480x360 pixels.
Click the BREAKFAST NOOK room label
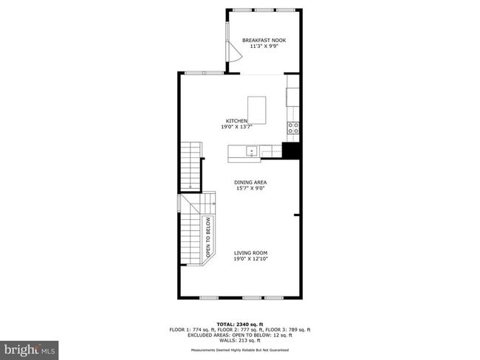pyautogui.click(x=264, y=40)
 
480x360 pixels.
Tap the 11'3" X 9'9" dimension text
pyautogui.click(x=264, y=46)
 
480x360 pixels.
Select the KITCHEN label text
pyautogui.click(x=236, y=121)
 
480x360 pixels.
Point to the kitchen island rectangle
pyautogui.click(x=256, y=110)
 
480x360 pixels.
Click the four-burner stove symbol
pyautogui.click(x=293, y=131)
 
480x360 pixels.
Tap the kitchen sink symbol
pyautogui.click(x=252, y=152)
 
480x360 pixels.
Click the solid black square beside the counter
pyautogui.click(x=291, y=150)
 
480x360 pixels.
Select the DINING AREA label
pyautogui.click(x=250, y=182)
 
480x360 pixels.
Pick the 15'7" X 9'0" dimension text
pyautogui.click(x=250, y=188)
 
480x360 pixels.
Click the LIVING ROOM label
pyautogui.click(x=250, y=252)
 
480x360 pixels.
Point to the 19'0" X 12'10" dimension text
pyautogui.click(x=250, y=259)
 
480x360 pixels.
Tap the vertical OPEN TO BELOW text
pyautogui.click(x=209, y=238)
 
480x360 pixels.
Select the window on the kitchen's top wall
pyautogui.click(x=204, y=72)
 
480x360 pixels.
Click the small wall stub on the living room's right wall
pyautogui.click(x=296, y=215)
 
